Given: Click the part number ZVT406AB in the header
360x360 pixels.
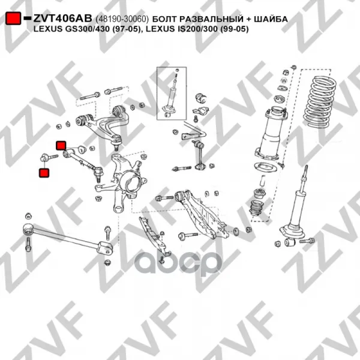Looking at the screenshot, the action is (62, 19).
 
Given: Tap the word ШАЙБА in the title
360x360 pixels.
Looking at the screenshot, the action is (271, 19).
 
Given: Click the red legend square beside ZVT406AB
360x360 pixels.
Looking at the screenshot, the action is (13, 19).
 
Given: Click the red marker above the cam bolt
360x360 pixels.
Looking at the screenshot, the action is (61, 145).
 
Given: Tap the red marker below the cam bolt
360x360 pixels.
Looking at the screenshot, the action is (44, 173).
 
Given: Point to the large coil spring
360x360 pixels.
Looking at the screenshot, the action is (320, 102).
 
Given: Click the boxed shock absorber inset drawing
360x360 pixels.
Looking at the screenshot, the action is (172, 93).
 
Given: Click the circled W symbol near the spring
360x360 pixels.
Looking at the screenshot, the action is (284, 80).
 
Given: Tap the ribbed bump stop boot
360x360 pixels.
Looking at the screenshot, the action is (256, 208).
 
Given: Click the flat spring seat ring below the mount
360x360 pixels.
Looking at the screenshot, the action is (265, 167).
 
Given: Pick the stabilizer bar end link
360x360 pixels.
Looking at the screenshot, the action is (199, 155).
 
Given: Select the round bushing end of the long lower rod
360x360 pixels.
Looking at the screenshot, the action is (28, 229).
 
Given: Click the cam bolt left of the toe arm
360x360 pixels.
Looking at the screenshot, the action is (49, 157).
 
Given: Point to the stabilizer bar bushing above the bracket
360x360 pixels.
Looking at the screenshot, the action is (201, 98).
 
